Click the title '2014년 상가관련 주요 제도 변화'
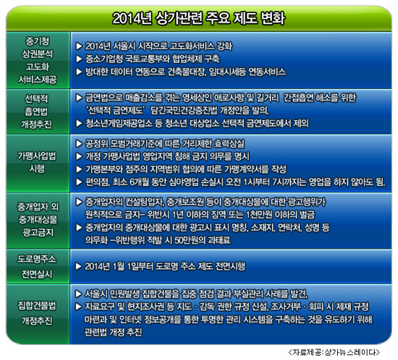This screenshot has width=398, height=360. pos(199,18)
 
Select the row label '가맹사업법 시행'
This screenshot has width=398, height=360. pos(37,162)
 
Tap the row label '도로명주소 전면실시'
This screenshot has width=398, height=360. pos(37,267)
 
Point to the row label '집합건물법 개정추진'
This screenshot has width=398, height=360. pos(37,313)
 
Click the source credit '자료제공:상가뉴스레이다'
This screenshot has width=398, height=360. pos(334,352)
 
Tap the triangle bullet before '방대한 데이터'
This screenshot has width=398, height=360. pos(79,72)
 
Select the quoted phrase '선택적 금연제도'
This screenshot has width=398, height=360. pos(115,111)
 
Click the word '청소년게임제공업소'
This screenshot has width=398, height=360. pos(119,124)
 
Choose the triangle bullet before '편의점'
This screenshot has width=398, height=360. pos(79,182)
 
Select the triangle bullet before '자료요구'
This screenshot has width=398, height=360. pos(79,307)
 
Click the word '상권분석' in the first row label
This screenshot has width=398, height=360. pos(37,53)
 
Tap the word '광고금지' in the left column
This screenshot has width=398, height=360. pos(38,232)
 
